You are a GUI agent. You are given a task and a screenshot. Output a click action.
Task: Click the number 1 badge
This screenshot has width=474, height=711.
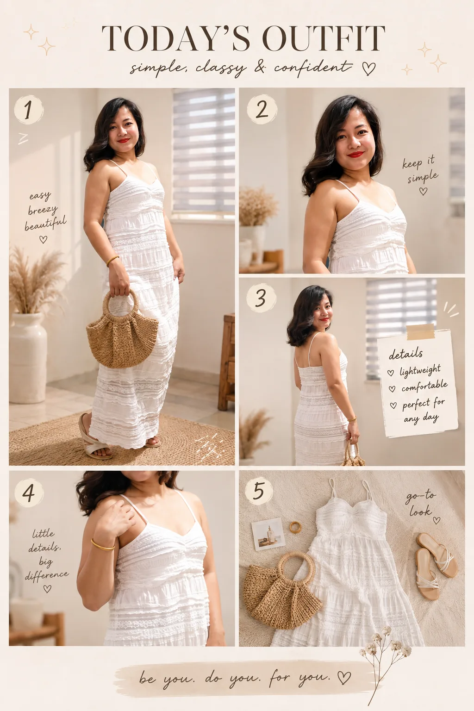pyautogui.click(x=29, y=110)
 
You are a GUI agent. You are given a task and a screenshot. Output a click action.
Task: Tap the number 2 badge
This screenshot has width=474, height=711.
pyautogui.click(x=262, y=109)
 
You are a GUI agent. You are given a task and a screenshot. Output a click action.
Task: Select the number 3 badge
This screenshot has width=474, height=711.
pyautogui.click(x=261, y=298)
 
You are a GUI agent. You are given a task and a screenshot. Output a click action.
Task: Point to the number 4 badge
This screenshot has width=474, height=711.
pyautogui.click(x=29, y=493)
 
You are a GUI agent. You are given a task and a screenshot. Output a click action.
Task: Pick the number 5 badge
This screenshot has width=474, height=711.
pyautogui.click(x=259, y=490)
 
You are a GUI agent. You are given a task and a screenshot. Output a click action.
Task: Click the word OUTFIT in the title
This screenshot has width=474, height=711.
pyautogui.click(x=324, y=38)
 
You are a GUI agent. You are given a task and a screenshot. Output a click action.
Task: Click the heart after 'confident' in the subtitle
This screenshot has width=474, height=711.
pyautogui.click(x=369, y=68)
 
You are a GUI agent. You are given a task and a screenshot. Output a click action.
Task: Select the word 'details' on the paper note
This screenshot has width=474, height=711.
pyautogui.click(x=406, y=354)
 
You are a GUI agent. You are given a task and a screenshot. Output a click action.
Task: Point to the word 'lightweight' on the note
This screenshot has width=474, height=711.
pyautogui.click(x=420, y=370)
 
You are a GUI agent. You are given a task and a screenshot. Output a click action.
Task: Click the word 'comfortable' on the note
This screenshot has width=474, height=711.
pyautogui.click(x=424, y=387)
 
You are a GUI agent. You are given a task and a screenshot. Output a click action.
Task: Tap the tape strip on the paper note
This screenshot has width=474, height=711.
pyautogui.click(x=420, y=332)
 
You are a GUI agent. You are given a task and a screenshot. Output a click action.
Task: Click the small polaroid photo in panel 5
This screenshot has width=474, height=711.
pyautogui.click(x=268, y=534)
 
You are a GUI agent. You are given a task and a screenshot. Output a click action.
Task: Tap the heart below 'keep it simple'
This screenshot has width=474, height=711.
pyautogui.click(x=423, y=191)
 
